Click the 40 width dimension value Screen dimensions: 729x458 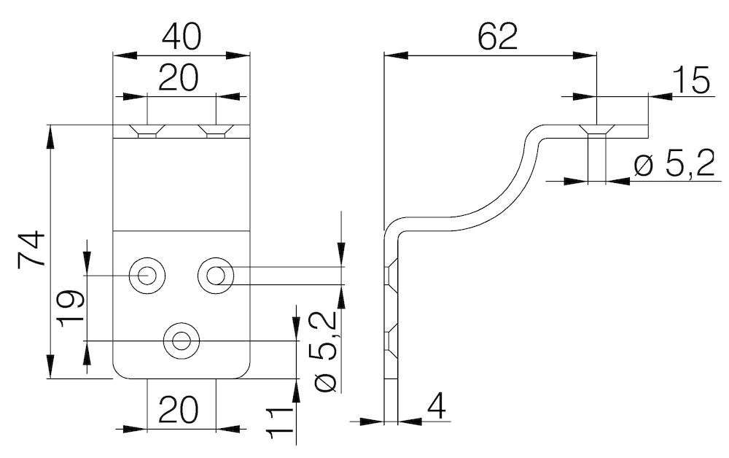point(182,36)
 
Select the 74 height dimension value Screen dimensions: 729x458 point(31,249)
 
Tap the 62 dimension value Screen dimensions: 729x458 point(498,36)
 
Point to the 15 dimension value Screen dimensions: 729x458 point(691,80)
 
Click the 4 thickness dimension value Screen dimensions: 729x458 point(436,405)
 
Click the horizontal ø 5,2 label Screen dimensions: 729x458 point(674,165)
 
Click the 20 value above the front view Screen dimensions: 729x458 point(178,77)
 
